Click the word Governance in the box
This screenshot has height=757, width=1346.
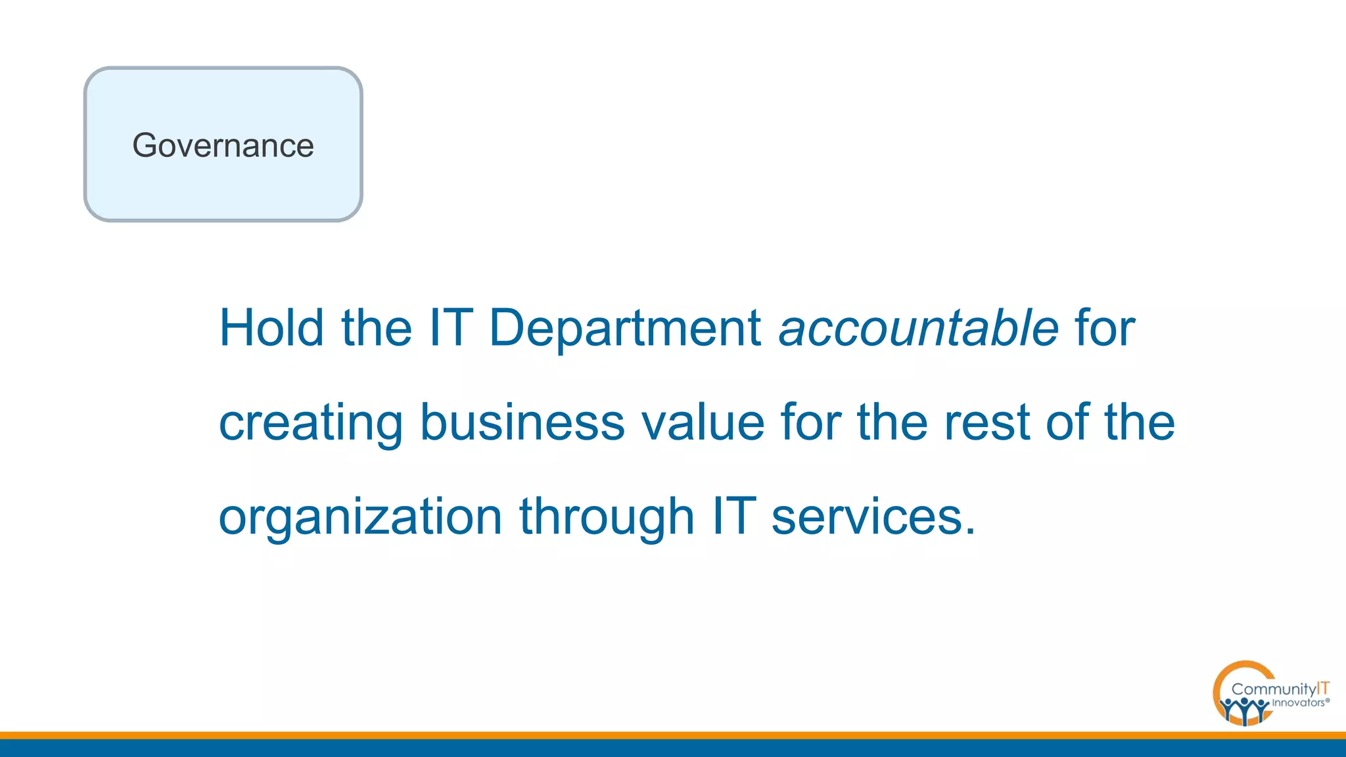[x=223, y=145]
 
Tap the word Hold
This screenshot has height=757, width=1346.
[x=271, y=327]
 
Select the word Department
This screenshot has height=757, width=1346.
[x=625, y=327]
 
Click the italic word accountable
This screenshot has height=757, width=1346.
[x=918, y=327]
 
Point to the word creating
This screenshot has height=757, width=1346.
[x=310, y=423]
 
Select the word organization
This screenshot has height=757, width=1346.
[x=360, y=516]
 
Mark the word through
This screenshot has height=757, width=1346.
[x=607, y=516]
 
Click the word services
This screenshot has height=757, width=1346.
[x=867, y=516]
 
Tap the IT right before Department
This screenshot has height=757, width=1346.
[x=451, y=327]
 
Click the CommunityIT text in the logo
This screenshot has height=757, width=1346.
[x=1280, y=689]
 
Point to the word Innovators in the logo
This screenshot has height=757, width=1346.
[x=1298, y=702]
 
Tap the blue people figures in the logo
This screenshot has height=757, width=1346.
[x=1243, y=710]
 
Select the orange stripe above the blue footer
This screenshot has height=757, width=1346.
[x=673, y=735]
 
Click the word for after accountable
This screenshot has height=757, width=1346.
[x=1104, y=327]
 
